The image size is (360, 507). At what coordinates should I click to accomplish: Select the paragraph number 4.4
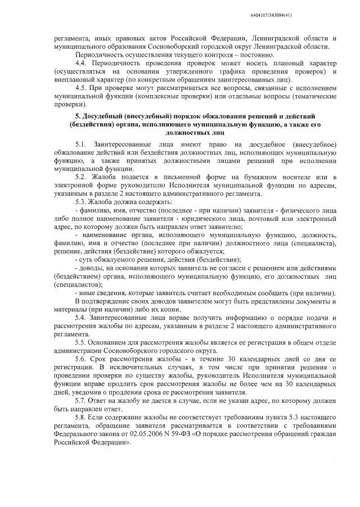click(x=82, y=64)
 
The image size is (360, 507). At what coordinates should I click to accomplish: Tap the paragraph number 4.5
click(x=82, y=88)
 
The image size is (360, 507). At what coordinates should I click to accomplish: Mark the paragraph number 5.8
click(x=82, y=419)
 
